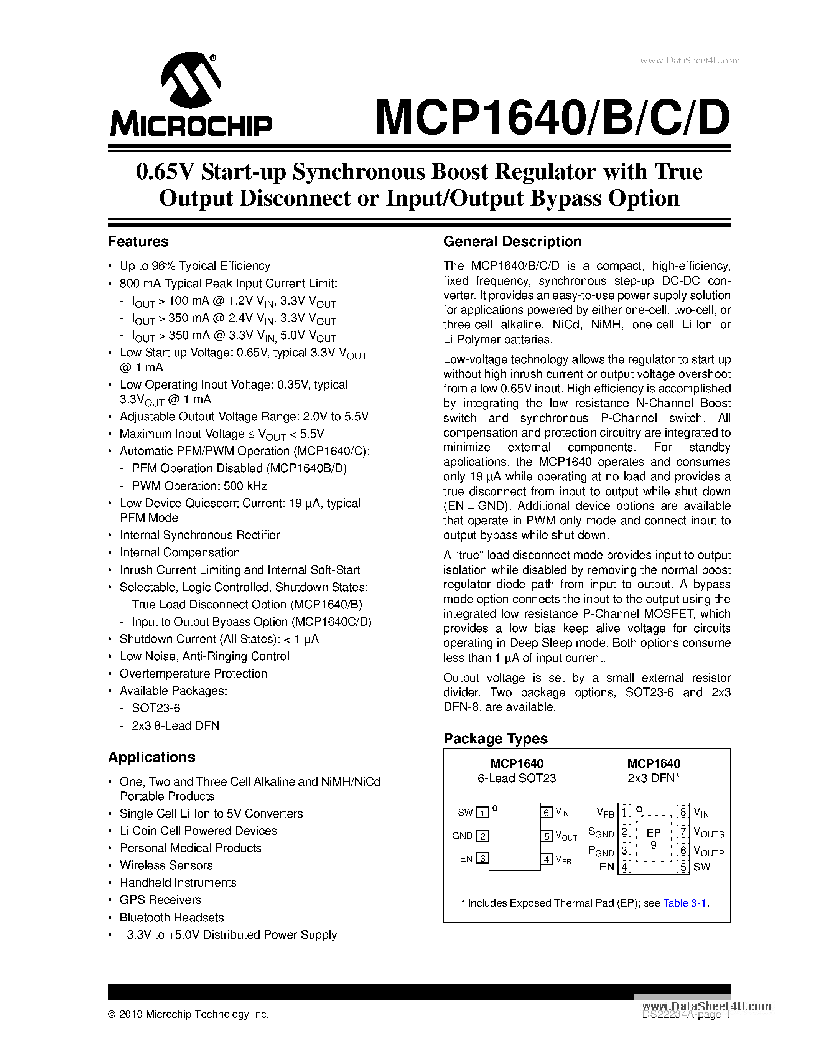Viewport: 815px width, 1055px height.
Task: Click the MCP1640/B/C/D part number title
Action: click(x=552, y=117)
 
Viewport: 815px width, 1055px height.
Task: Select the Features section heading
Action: click(x=138, y=242)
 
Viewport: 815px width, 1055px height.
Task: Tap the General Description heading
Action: click(x=512, y=242)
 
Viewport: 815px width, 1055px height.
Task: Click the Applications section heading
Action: click(x=151, y=757)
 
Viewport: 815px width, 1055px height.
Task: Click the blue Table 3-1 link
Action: click(x=685, y=903)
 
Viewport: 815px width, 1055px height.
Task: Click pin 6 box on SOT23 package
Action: click(x=546, y=813)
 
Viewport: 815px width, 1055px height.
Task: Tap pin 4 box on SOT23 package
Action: click(x=546, y=859)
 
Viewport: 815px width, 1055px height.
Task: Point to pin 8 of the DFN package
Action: click(x=683, y=811)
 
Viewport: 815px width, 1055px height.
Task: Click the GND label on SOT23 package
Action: click(x=462, y=836)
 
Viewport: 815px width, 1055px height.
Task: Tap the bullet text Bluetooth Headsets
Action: click(x=172, y=917)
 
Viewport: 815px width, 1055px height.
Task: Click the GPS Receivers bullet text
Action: click(x=160, y=900)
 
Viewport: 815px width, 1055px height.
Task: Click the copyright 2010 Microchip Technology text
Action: click(x=188, y=1014)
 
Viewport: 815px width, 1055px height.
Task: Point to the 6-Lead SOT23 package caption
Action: click(x=517, y=778)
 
